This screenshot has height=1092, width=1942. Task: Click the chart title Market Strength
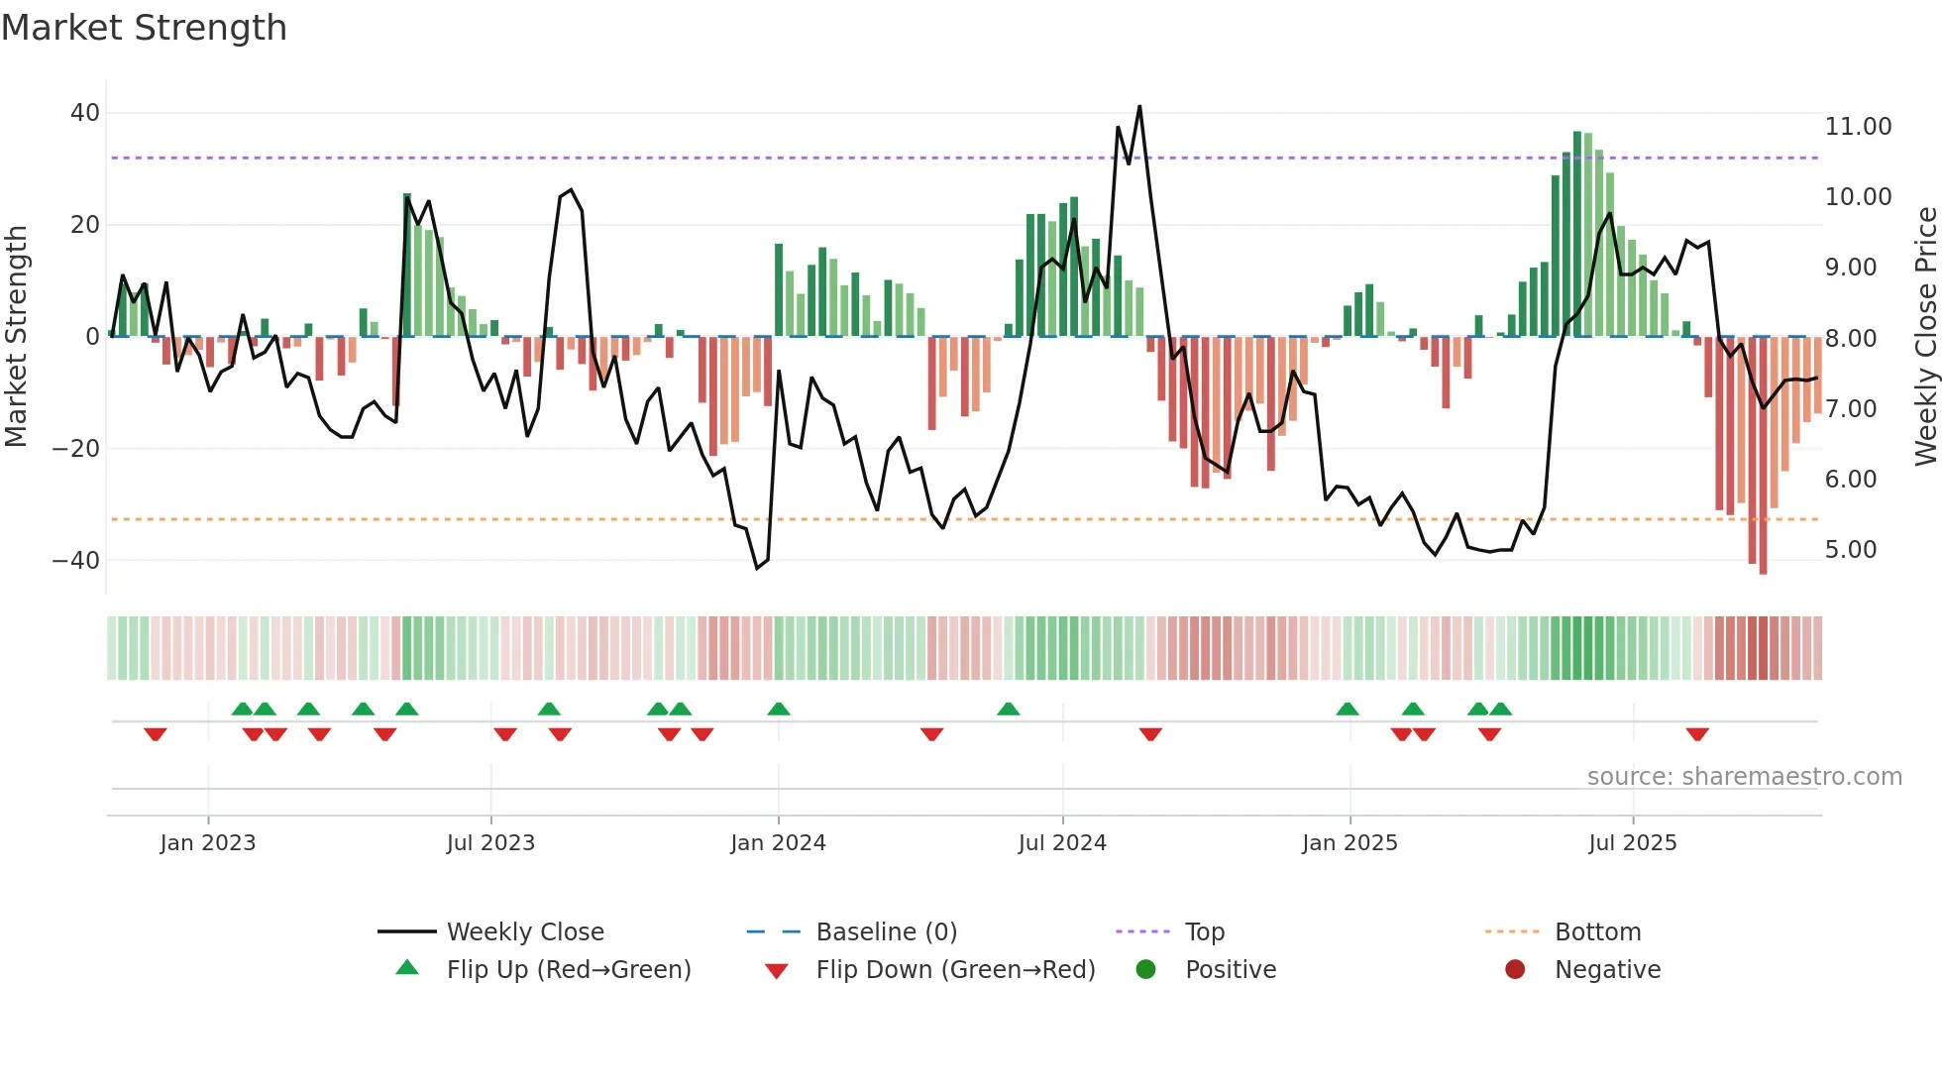click(144, 28)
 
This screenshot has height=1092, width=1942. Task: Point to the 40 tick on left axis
click(85, 113)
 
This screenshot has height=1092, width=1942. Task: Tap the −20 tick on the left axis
click(76, 449)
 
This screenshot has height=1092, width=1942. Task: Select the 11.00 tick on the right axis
click(1858, 127)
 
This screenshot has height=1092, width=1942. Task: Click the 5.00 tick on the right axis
click(1851, 550)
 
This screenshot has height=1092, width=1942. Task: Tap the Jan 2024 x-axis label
click(778, 843)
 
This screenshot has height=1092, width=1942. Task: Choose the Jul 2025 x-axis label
click(1632, 843)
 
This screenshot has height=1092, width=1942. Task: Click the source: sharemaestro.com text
click(1744, 777)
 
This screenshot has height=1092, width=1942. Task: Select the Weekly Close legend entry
click(524, 932)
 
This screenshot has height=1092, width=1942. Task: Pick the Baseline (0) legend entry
click(886, 932)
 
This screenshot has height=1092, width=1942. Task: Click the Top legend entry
click(1204, 932)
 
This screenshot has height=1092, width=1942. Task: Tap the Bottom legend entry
click(1597, 932)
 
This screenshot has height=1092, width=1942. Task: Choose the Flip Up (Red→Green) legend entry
click(568, 970)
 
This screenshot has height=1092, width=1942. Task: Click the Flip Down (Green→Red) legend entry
click(955, 970)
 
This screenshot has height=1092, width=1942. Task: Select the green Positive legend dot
click(1146, 969)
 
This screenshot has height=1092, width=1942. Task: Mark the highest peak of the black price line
click(1139, 107)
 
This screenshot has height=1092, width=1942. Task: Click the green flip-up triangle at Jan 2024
click(779, 709)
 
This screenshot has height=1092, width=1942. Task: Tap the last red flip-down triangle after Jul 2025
click(1697, 734)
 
